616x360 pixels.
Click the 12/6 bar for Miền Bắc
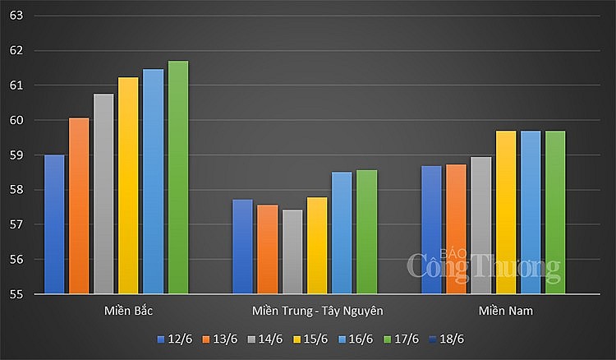coord(54,224)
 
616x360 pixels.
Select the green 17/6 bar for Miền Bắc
coord(178,177)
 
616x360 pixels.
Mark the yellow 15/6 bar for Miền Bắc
coord(128,185)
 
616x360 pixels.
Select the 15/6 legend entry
coord(312,339)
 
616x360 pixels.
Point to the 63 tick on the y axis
coord(16,16)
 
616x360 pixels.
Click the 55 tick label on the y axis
coord(16,294)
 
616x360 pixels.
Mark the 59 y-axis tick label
coord(16,155)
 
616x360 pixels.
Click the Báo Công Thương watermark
coord(484,265)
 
